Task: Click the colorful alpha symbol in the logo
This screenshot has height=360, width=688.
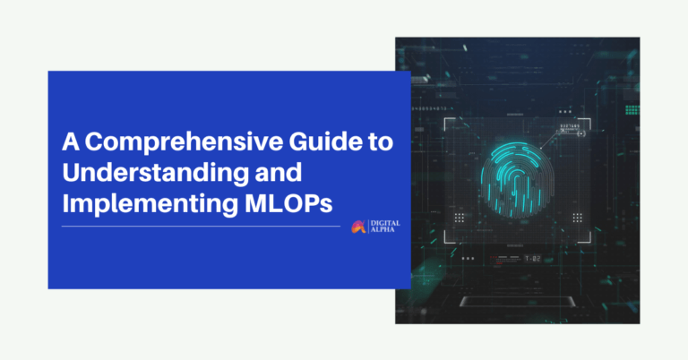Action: [358, 227]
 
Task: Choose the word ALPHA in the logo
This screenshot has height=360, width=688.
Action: [381, 231]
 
